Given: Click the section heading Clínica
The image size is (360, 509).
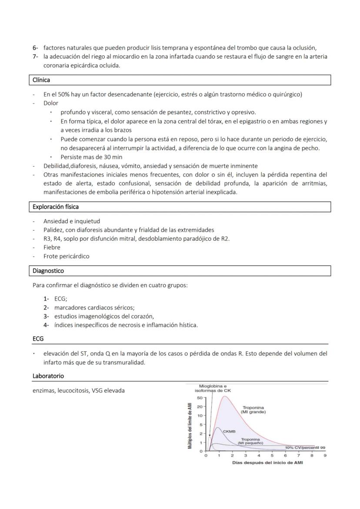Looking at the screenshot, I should (x=41, y=80).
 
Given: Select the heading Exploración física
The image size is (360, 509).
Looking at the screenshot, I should (x=56, y=207).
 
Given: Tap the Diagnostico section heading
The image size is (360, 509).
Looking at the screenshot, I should (x=48, y=271).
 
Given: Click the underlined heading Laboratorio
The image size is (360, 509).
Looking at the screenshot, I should (x=48, y=376).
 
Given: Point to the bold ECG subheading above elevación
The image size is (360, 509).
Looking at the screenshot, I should (x=38, y=339).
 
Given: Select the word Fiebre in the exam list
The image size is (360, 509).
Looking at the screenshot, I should (x=52, y=247).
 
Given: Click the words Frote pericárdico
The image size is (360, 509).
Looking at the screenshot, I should (x=66, y=256).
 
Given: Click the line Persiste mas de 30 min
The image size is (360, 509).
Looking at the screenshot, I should (x=91, y=157).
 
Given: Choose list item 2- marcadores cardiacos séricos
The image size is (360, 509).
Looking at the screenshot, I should (x=94, y=307).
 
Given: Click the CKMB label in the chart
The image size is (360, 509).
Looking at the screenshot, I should (x=229, y=432).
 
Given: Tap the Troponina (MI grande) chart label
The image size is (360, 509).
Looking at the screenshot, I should (x=254, y=409).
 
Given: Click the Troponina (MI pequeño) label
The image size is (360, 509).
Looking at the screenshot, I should (x=251, y=441).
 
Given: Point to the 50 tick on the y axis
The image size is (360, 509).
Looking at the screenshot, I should (x=200, y=398).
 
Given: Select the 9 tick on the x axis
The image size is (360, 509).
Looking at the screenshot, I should (x=325, y=456).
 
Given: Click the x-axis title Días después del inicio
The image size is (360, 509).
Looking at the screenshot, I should (x=267, y=462).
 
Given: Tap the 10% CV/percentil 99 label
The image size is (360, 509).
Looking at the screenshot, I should (x=305, y=447).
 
